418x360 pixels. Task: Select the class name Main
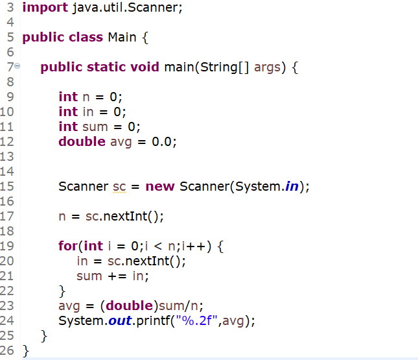pos(122,37)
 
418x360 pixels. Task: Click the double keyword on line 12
pos(82,141)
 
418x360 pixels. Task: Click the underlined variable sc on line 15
pos(119,187)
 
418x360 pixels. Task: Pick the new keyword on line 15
pos(159,187)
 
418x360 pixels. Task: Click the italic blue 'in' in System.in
pos(295,187)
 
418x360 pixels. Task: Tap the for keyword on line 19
pos(67,246)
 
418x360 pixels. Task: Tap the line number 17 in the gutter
pos(8,217)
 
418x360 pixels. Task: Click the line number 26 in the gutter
pos(8,351)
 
